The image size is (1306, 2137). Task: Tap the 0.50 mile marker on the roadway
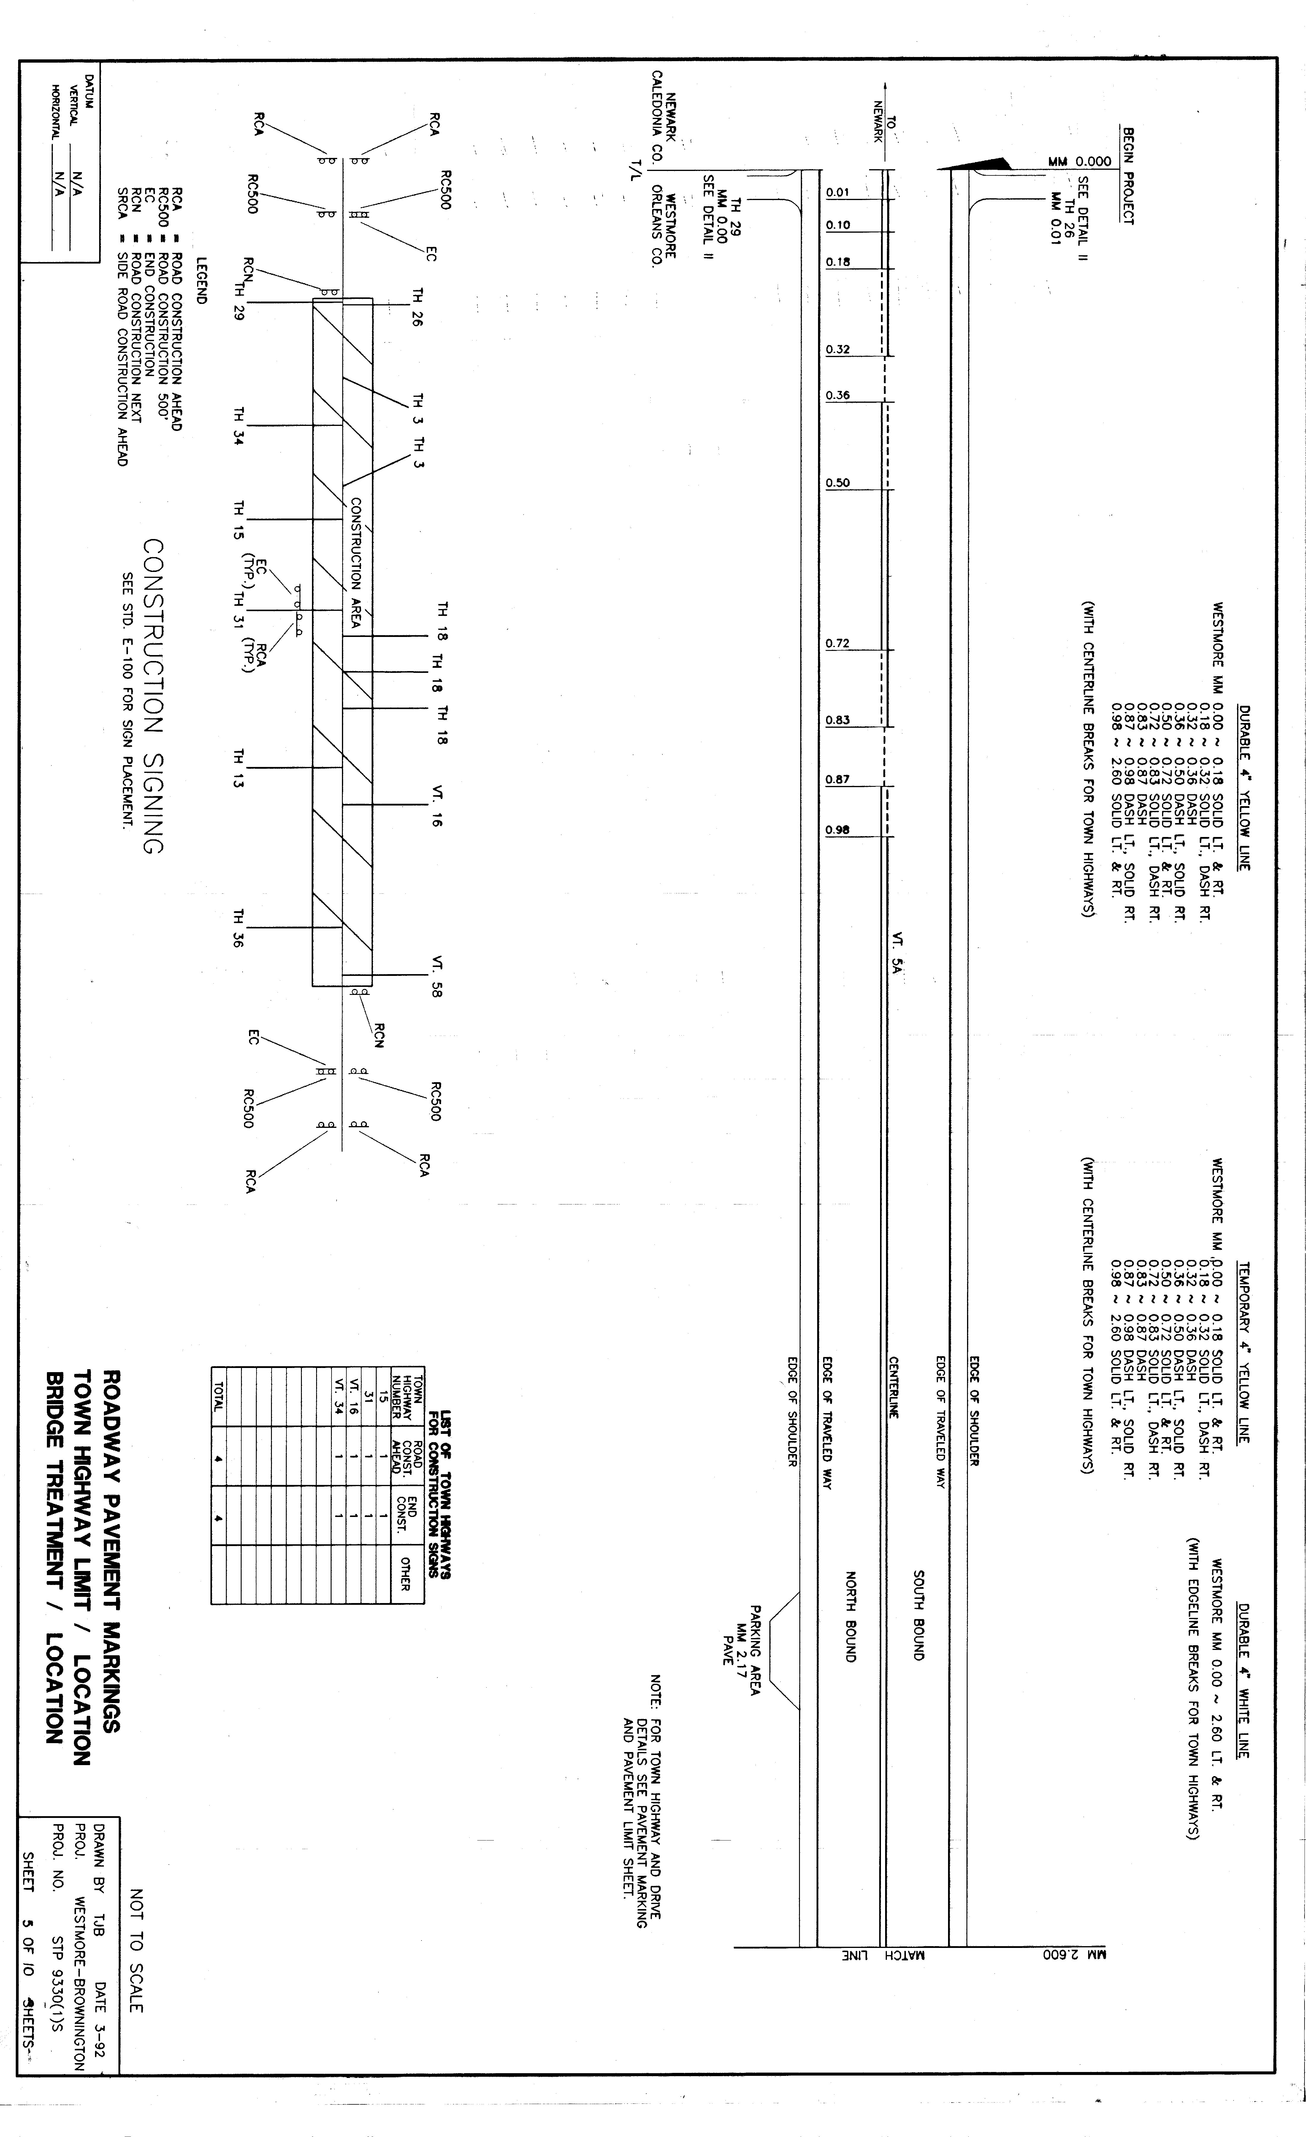(x=838, y=483)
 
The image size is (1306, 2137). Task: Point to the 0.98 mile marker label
(x=838, y=830)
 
